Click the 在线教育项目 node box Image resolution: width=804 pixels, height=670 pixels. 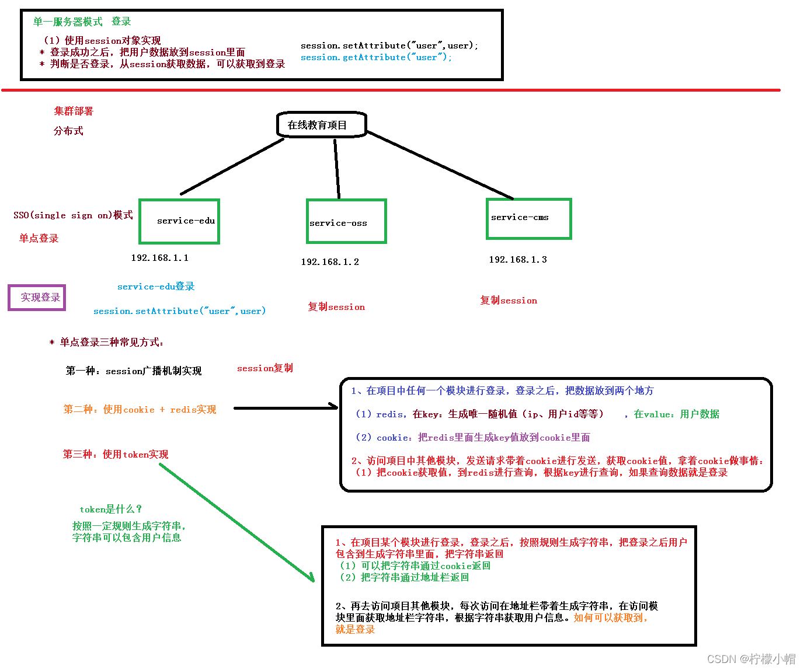pyautogui.click(x=321, y=125)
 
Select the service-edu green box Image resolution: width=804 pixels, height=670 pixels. pyautogui.click(x=179, y=221)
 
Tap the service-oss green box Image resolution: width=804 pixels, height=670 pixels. pyautogui.click(x=346, y=221)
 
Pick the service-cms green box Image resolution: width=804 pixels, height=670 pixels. pyautogui.click(x=528, y=218)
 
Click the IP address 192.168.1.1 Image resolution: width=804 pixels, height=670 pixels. pyautogui.click(x=159, y=258)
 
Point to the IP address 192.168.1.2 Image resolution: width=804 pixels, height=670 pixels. pyautogui.click(x=330, y=262)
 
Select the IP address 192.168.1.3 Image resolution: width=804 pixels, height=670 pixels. pyautogui.click(x=518, y=260)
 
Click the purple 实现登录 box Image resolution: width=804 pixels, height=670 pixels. pyautogui.click(x=37, y=298)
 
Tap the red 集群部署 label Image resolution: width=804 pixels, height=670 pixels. pyautogui.click(x=74, y=111)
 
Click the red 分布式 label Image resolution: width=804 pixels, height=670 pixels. pyautogui.click(x=68, y=131)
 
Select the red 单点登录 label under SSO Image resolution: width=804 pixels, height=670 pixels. pyautogui.click(x=39, y=238)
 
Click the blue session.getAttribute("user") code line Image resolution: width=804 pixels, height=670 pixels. pyautogui.click(x=376, y=57)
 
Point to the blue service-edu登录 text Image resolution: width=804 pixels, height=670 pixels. pyautogui.click(x=156, y=287)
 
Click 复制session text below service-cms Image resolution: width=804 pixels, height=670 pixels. pyautogui.click(x=509, y=301)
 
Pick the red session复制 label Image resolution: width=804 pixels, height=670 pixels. pyautogui.click(x=265, y=368)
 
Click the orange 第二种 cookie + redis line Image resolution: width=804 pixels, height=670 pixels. pyautogui.click(x=140, y=410)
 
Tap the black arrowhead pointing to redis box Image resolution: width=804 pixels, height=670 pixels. pyautogui.click(x=334, y=407)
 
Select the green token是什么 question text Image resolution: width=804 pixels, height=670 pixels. pyautogui.click(x=111, y=509)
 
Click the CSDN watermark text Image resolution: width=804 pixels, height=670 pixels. pyautogui.click(x=751, y=659)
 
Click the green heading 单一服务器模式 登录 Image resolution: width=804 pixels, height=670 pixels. pyautogui.click(x=82, y=22)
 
